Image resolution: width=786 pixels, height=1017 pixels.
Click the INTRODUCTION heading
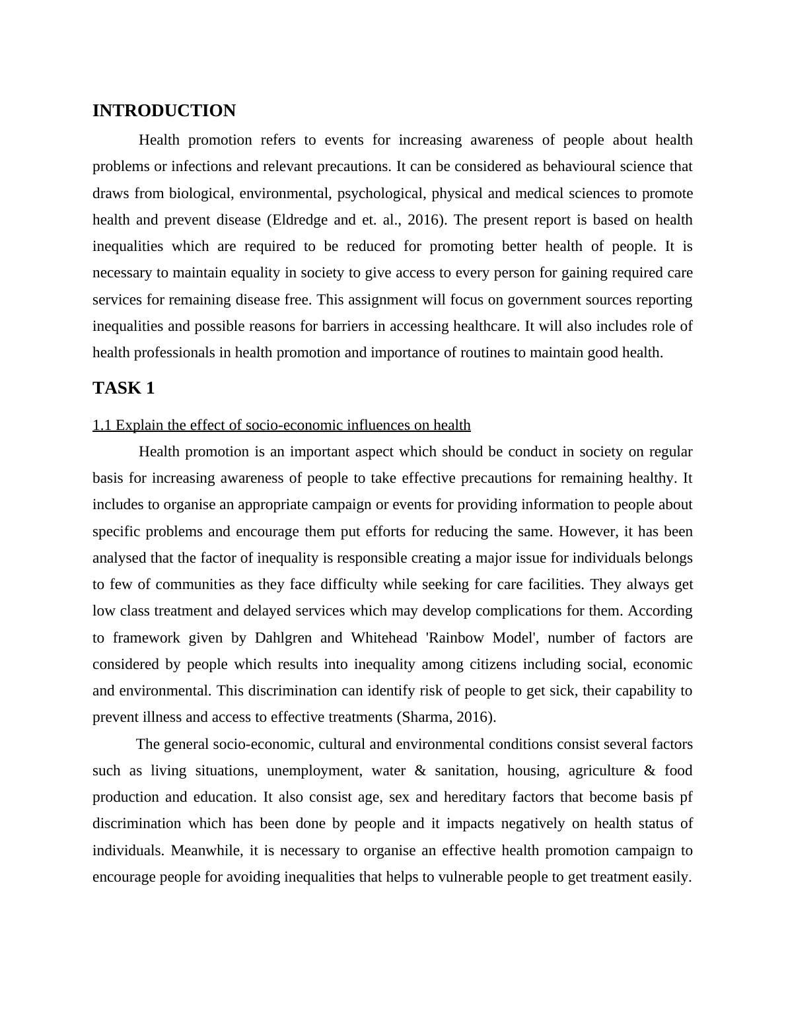pos(164,111)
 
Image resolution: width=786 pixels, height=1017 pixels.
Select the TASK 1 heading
pos(124,388)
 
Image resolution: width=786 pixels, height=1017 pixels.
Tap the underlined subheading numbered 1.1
pos(281,425)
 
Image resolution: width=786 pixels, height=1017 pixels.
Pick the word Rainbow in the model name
pos(460,638)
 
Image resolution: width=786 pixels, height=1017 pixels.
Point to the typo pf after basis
pos(686,797)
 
